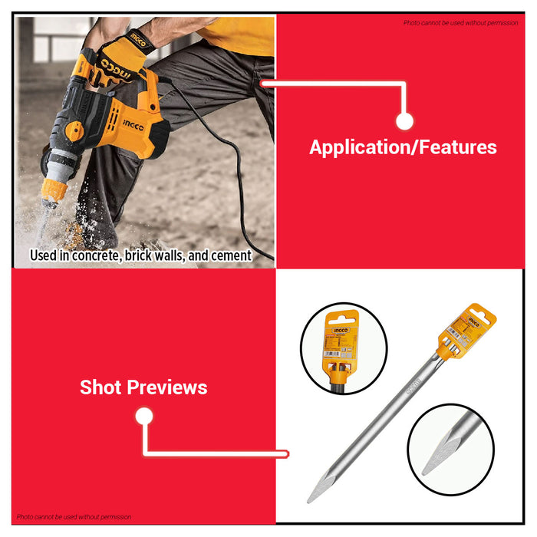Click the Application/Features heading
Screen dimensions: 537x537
click(x=403, y=147)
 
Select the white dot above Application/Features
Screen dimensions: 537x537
click(x=405, y=121)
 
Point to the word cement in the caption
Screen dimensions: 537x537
click(x=228, y=255)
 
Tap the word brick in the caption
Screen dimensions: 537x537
click(x=138, y=255)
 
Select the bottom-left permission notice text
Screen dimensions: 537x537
click(x=74, y=517)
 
